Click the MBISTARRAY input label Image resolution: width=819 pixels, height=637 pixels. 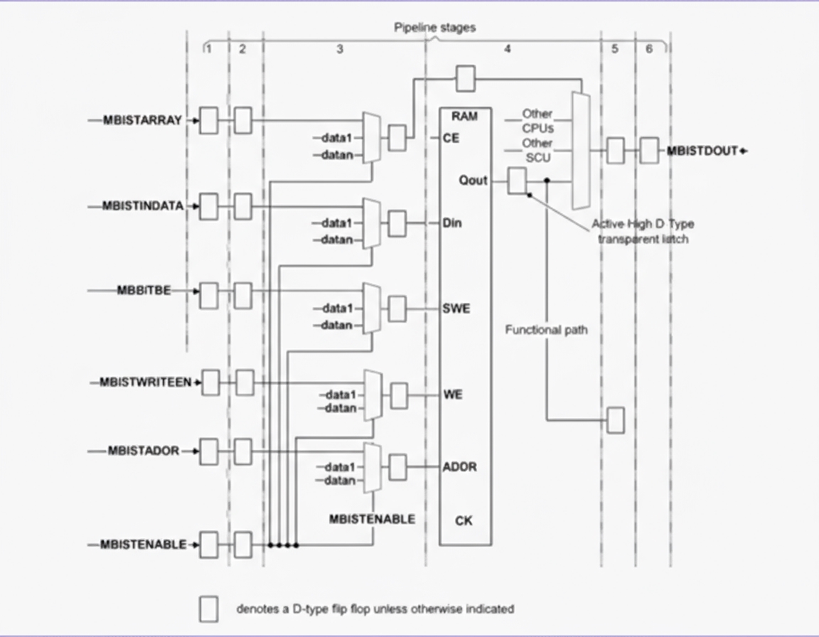pyautogui.click(x=142, y=120)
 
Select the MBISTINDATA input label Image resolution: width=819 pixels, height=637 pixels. pyautogui.click(x=143, y=206)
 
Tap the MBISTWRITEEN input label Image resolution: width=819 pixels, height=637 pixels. pyautogui.click(x=145, y=382)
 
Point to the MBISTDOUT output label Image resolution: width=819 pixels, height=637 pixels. pyautogui.click(x=702, y=151)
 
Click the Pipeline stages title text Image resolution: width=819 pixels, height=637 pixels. pyautogui.click(x=435, y=28)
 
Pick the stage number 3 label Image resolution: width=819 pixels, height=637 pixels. pyautogui.click(x=340, y=49)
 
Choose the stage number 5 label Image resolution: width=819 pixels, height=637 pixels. pyautogui.click(x=615, y=49)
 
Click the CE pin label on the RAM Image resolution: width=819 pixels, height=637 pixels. pyautogui.click(x=451, y=139)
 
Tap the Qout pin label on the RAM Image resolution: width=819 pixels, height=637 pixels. pyautogui.click(x=473, y=181)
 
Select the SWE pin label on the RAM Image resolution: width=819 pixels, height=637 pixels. pyautogui.click(x=456, y=309)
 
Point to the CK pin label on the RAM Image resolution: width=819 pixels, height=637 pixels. pyautogui.click(x=464, y=521)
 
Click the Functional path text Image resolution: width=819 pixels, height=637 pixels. pyautogui.click(x=546, y=330)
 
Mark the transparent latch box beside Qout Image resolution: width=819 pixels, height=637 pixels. pyautogui.click(x=517, y=181)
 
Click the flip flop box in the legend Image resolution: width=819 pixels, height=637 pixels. pyautogui.click(x=208, y=609)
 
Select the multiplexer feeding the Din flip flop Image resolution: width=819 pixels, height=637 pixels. pyautogui.click(x=371, y=223)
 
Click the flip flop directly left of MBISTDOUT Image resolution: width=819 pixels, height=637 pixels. pyautogui.click(x=648, y=151)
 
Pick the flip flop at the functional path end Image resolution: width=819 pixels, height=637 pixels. pyautogui.click(x=616, y=420)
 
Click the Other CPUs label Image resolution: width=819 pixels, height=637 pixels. pyautogui.click(x=537, y=121)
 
